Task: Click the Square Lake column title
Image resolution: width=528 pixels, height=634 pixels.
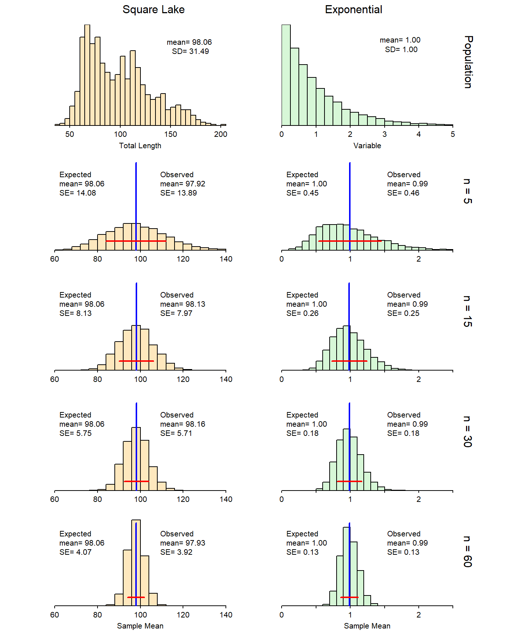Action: click(x=153, y=10)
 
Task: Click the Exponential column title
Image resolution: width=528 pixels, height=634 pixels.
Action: click(x=353, y=10)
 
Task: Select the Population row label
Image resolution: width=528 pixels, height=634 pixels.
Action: click(x=468, y=62)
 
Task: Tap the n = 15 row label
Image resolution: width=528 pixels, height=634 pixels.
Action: click(x=467, y=311)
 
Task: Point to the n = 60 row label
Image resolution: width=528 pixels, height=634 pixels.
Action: click(x=467, y=551)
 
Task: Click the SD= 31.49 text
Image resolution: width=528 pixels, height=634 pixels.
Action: click(x=190, y=51)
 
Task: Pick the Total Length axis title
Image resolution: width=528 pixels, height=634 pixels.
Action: click(x=140, y=146)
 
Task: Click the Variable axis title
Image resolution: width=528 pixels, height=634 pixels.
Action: click(x=367, y=146)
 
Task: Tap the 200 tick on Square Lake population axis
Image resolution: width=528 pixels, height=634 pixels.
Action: click(x=221, y=134)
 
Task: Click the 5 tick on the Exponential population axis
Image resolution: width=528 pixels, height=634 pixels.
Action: click(x=453, y=134)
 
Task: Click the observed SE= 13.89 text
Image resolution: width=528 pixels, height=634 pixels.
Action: click(x=178, y=193)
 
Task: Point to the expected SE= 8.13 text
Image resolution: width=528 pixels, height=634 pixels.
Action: click(x=76, y=313)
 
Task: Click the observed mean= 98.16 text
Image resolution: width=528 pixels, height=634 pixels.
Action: click(x=183, y=424)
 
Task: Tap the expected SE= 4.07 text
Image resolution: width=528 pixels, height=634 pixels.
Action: click(x=76, y=552)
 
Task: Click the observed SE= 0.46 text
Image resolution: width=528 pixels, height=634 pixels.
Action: click(x=403, y=193)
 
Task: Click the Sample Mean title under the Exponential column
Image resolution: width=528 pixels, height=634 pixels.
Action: click(x=367, y=626)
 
